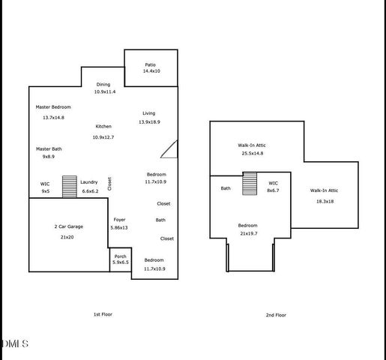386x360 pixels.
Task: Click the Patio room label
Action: click(x=151, y=64)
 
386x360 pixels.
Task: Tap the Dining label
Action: click(x=104, y=85)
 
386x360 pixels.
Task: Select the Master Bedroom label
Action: click(x=53, y=107)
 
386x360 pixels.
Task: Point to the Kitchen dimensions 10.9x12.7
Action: click(x=103, y=137)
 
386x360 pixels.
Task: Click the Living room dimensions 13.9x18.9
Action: click(x=149, y=121)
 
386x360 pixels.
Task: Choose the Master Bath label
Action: click(x=49, y=148)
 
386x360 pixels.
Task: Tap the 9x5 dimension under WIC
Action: click(x=45, y=191)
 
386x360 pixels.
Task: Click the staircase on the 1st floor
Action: click(x=69, y=186)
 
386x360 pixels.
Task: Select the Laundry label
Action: click(x=89, y=182)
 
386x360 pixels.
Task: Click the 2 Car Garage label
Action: click(x=67, y=226)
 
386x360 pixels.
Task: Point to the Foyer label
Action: click(x=118, y=220)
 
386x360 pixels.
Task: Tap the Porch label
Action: click(x=120, y=256)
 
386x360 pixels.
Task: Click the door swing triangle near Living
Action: click(x=170, y=149)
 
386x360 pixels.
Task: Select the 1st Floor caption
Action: click(x=103, y=314)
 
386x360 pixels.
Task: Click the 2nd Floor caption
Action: click(x=276, y=315)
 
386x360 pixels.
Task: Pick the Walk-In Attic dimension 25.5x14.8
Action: click(x=252, y=153)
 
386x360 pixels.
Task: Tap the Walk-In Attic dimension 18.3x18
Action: click(x=325, y=200)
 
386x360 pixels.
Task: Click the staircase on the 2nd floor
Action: click(x=250, y=183)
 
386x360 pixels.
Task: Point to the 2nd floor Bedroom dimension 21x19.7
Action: click(x=249, y=233)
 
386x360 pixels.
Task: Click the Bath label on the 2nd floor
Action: click(x=226, y=188)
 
